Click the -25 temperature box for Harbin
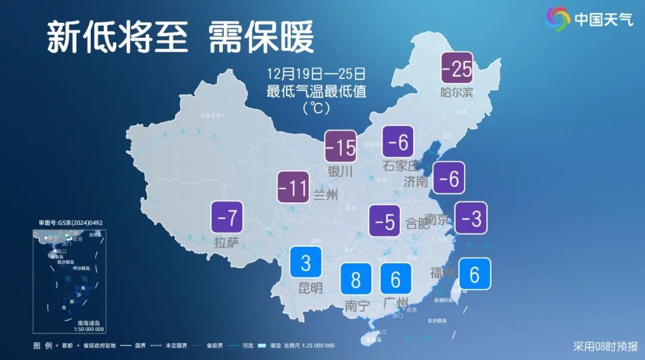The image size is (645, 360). point(457,69)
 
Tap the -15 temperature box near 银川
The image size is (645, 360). point(340,146)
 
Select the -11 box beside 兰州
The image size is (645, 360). point(293,187)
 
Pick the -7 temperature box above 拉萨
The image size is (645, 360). point(228,218)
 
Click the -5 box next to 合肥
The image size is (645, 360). point(385,221)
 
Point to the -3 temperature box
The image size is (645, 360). point(471,218)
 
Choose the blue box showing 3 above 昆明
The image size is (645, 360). point(305,262)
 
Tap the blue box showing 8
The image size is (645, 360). point(356,279)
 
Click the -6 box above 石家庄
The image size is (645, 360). point(398,142)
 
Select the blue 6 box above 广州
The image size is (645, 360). point(395,279)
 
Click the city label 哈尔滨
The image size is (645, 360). point(456,93)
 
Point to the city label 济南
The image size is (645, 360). point(416,181)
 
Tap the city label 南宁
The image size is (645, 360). point(357,306)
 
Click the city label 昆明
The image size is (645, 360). point(311,288)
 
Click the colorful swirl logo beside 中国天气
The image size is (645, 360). point(558,19)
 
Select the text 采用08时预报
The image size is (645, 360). point(605,346)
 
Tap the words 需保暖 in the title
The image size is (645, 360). point(261,38)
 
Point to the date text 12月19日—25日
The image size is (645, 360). point(316,75)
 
